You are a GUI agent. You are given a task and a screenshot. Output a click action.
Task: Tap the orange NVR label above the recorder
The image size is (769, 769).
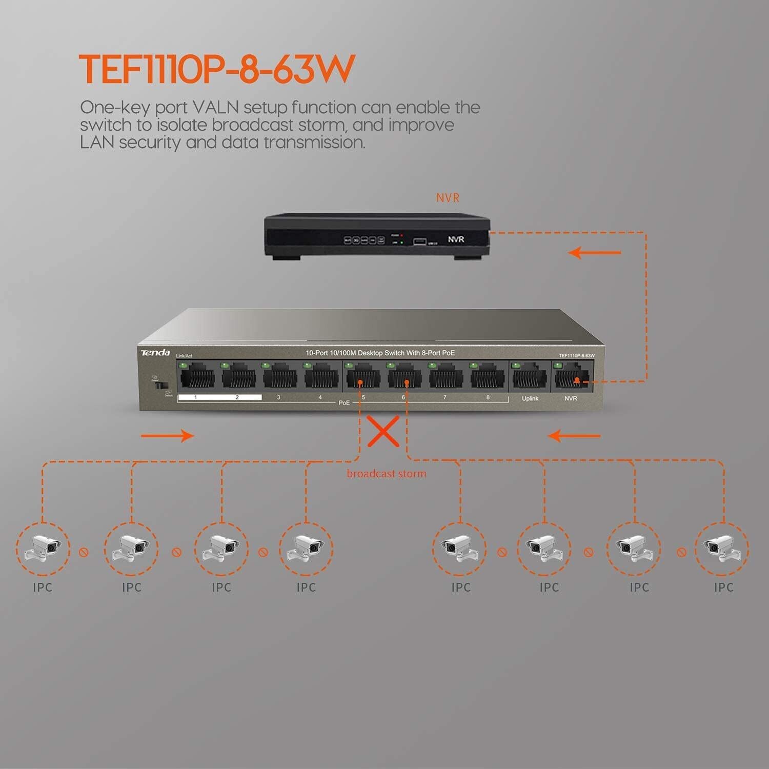pyautogui.click(x=448, y=197)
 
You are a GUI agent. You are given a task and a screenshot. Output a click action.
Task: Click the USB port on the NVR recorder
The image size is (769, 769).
pyautogui.click(x=420, y=240)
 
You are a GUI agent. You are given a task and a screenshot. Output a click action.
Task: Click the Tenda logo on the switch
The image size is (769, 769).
pyautogui.click(x=155, y=353)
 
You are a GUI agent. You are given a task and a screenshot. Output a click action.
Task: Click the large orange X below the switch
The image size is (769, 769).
pyautogui.click(x=383, y=431)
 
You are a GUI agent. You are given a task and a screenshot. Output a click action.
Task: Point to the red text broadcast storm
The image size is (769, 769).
pyautogui.click(x=386, y=474)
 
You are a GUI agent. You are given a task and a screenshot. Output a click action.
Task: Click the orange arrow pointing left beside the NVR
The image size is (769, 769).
pyautogui.click(x=595, y=252)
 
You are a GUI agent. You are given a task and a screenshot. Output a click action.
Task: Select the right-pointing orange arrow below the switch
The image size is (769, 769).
pyautogui.click(x=167, y=436)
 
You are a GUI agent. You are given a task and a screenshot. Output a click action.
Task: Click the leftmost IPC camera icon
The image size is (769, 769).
pyautogui.click(x=43, y=549)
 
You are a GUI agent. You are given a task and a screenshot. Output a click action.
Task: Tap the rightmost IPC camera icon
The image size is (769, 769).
pyautogui.click(x=721, y=549)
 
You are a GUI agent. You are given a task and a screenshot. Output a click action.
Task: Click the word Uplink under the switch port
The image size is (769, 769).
pyautogui.click(x=530, y=398)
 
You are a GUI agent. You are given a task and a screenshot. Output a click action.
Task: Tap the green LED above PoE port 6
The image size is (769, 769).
pyautogui.click(x=390, y=366)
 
